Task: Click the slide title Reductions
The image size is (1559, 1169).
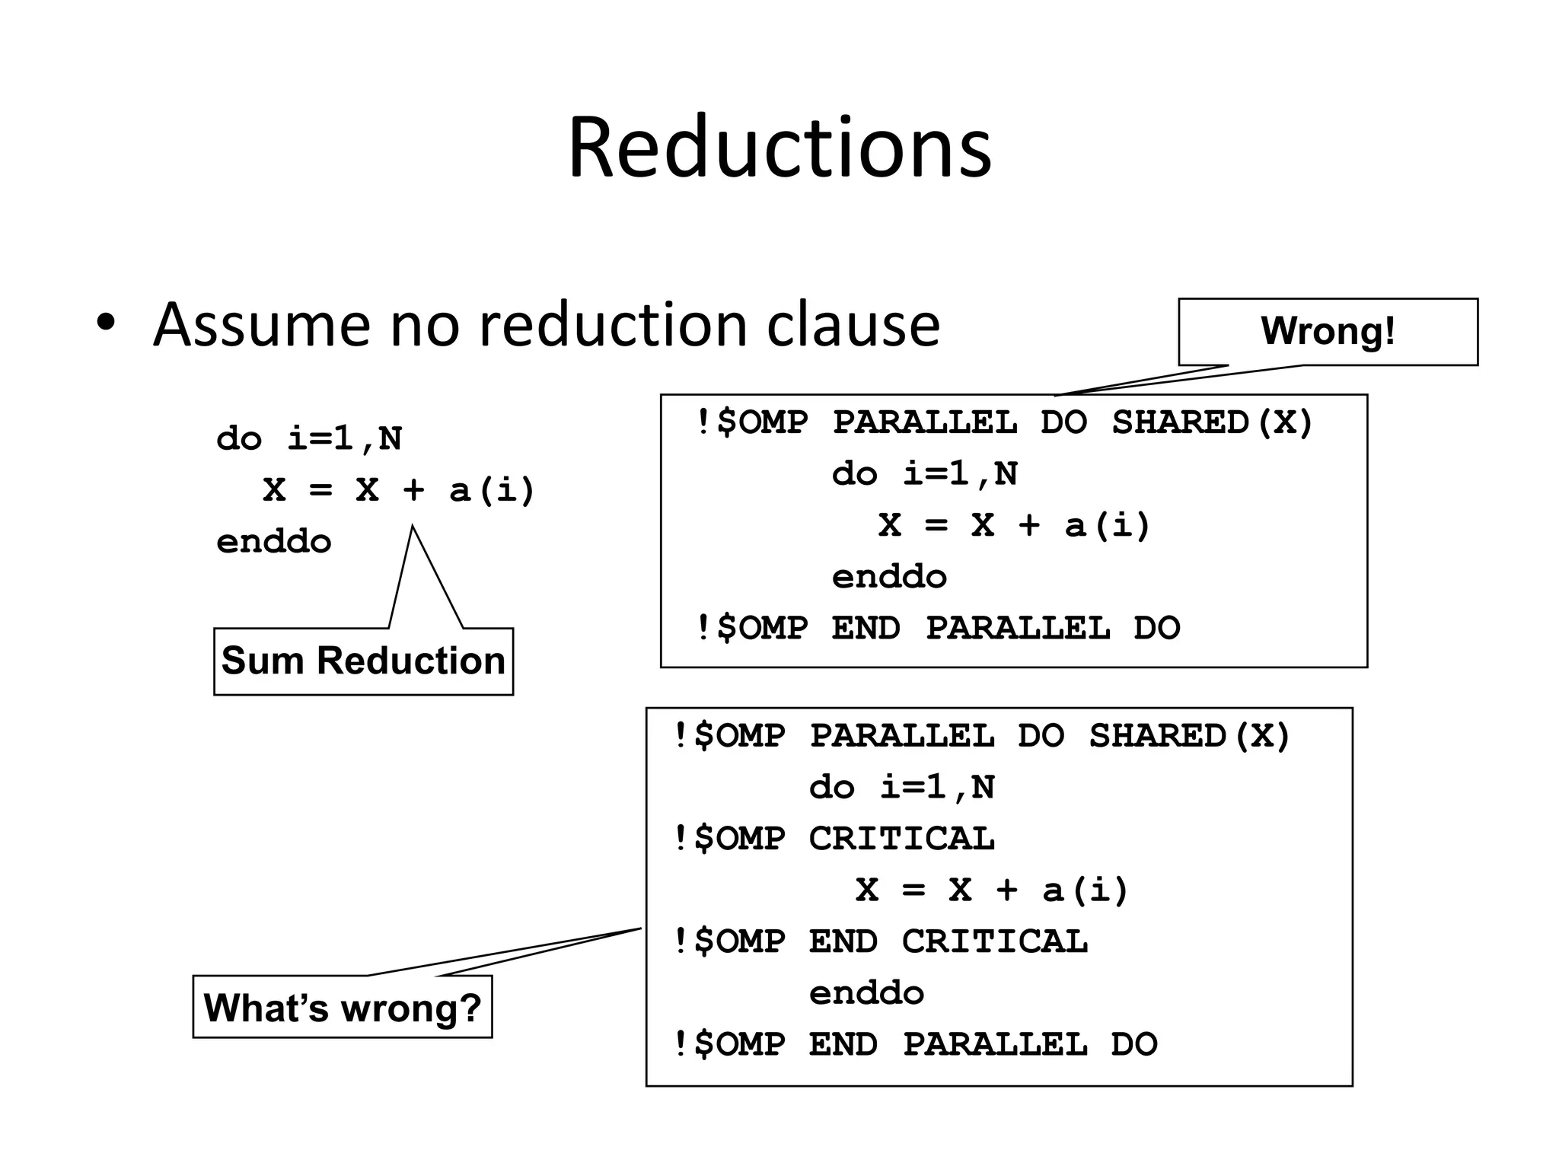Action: tap(779, 148)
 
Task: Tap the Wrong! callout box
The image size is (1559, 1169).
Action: tap(1328, 331)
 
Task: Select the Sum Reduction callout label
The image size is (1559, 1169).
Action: tap(363, 661)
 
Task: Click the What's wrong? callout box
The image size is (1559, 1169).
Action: tap(342, 1008)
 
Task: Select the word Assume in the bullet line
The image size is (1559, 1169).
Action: tap(261, 325)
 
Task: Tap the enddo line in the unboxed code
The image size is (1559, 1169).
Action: tap(274, 542)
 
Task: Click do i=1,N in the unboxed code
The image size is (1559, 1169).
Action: tap(309, 439)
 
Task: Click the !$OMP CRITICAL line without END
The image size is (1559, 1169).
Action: tap(834, 839)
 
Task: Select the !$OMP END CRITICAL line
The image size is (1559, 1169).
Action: tap(880, 941)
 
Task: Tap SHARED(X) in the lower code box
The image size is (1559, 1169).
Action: tap(1189, 736)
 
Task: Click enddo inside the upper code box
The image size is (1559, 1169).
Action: tap(889, 577)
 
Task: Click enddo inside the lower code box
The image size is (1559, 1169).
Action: tap(866, 993)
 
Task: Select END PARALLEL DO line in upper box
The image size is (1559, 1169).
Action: tap(937, 629)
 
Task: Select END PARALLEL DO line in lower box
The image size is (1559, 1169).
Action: tap(914, 1044)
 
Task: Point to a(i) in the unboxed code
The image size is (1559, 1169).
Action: tap(492, 490)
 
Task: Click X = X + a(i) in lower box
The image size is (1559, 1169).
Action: tap(991, 890)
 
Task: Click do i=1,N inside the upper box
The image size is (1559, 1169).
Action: tap(924, 474)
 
